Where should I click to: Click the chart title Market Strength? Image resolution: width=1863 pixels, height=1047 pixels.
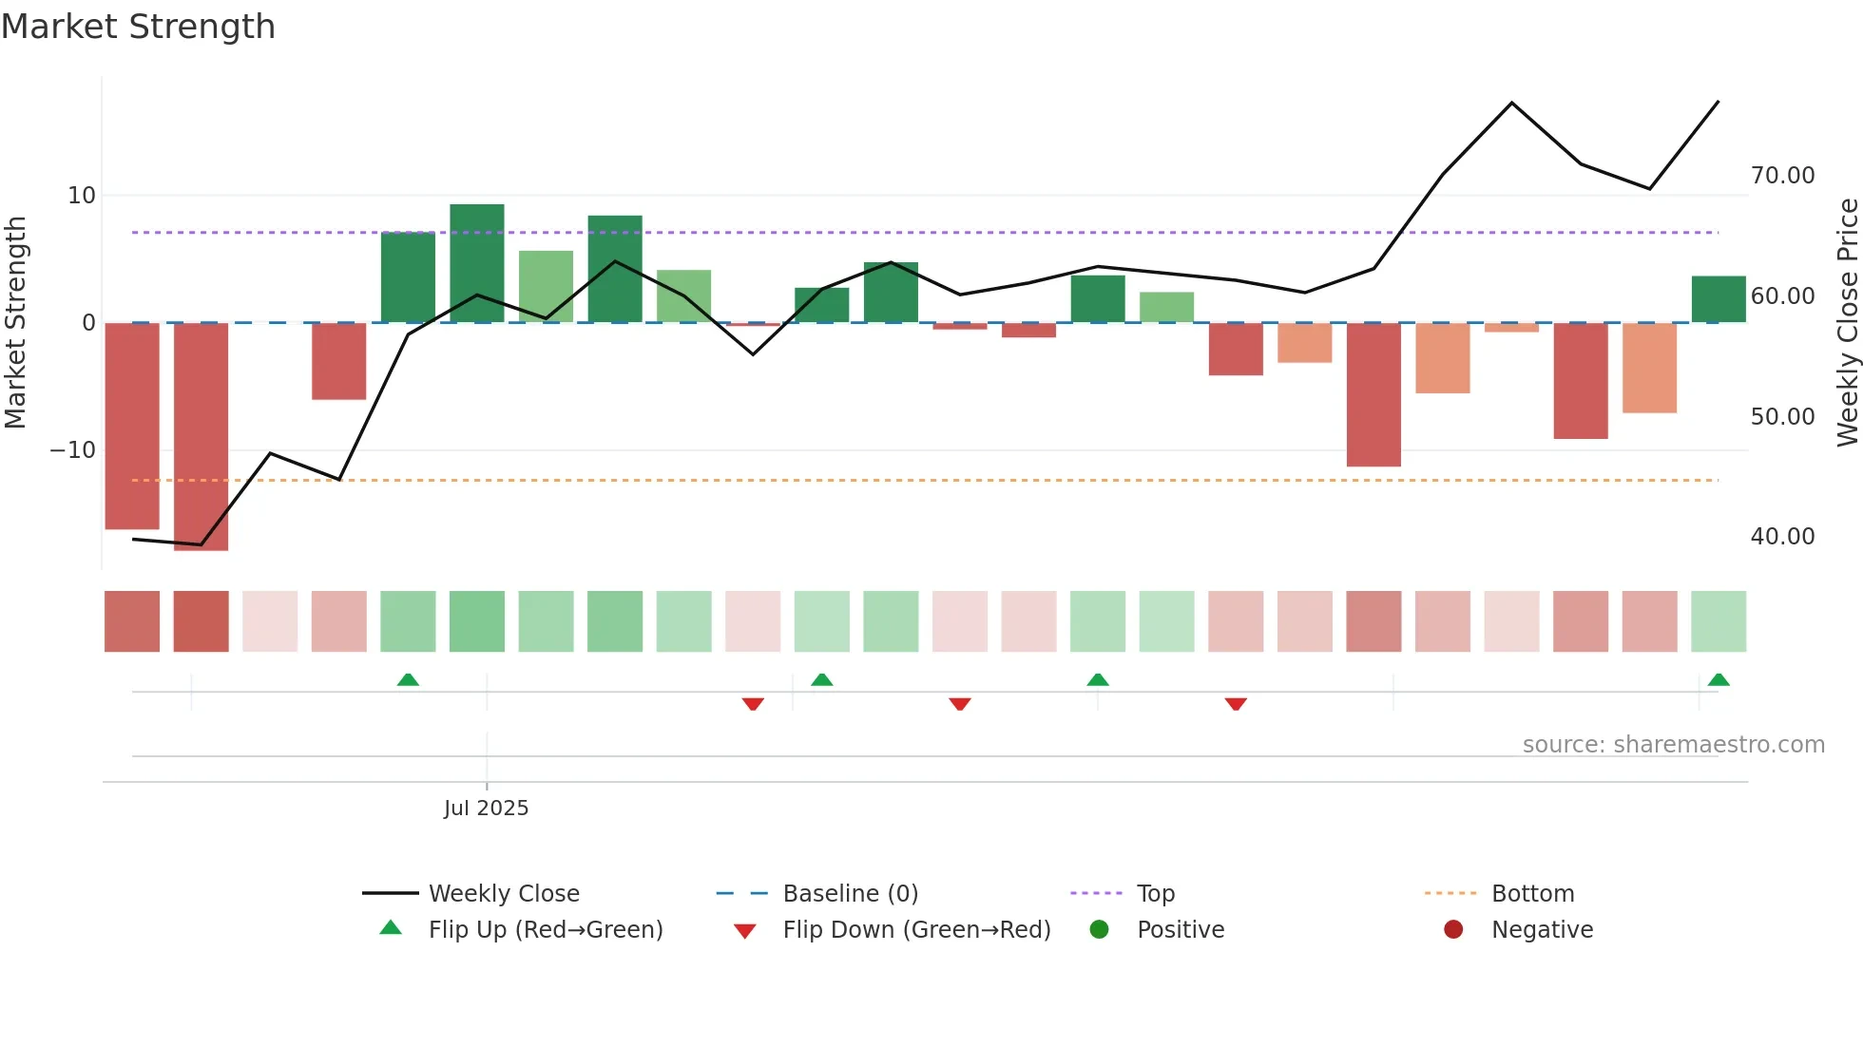[138, 27]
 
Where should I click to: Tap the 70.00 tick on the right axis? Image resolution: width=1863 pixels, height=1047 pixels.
[1782, 176]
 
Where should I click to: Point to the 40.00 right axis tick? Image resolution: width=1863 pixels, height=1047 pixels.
[1782, 537]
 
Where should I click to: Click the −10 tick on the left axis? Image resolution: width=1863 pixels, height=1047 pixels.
[73, 450]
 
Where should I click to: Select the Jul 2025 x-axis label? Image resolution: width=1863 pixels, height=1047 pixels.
[486, 809]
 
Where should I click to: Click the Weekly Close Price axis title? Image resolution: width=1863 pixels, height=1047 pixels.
[1847, 322]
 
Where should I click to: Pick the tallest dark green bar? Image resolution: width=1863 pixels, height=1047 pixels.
[477, 263]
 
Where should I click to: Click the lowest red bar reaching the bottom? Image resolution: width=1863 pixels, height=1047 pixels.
[201, 436]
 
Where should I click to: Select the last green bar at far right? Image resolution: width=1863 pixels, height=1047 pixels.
[1718, 299]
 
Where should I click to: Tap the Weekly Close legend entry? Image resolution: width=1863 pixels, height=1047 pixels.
[503, 894]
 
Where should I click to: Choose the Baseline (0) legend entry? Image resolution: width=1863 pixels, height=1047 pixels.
[850, 894]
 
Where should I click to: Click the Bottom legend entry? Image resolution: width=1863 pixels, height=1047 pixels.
[1532, 894]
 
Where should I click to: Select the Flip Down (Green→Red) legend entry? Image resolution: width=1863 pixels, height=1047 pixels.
[916, 930]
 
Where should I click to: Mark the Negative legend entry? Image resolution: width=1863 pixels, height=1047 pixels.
[1541, 930]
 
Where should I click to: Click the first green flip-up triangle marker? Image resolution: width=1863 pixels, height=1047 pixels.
[408, 679]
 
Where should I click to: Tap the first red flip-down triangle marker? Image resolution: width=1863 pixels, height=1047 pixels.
[753, 704]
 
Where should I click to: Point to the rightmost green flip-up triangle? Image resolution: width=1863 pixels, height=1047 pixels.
[1718, 679]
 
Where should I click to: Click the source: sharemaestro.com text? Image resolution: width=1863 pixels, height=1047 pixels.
[1673, 745]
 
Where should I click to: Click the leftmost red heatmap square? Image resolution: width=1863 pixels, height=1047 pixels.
[132, 621]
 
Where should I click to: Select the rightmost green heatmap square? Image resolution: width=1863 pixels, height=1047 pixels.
[1718, 621]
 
